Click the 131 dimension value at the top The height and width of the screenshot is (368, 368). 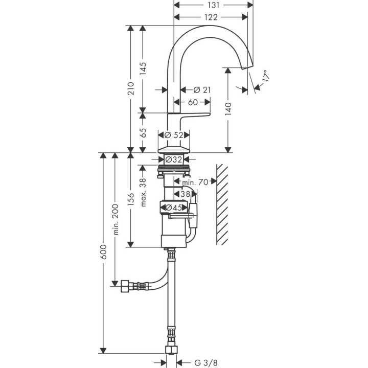[x=214, y=5]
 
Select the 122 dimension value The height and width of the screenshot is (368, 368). [x=211, y=17]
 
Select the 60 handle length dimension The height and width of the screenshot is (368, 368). [x=193, y=102]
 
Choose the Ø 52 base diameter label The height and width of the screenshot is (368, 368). [x=174, y=135]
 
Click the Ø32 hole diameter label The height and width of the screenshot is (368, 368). [x=174, y=159]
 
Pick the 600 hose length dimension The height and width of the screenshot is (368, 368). [x=104, y=253]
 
